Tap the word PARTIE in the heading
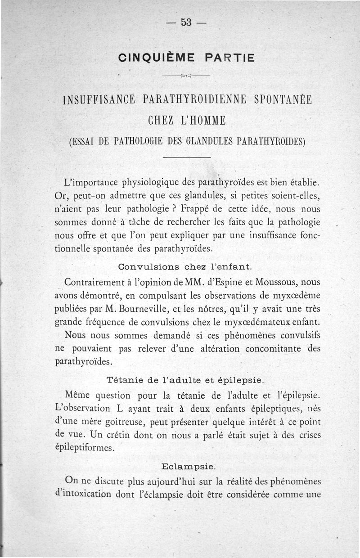(x=229, y=58)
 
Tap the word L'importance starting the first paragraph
(x=91, y=183)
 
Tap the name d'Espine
(x=216, y=282)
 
